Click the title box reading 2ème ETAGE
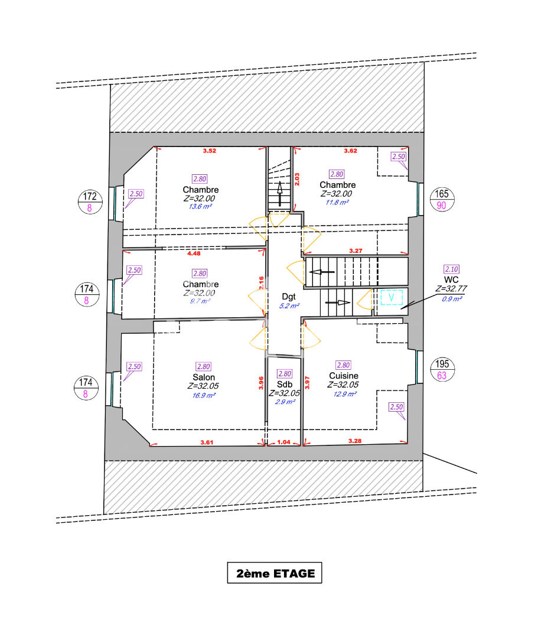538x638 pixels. [x=275, y=572]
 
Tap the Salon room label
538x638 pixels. [x=203, y=377]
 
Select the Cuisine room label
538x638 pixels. [x=344, y=376]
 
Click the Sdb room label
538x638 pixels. [x=285, y=384]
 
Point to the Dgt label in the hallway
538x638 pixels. [x=289, y=297]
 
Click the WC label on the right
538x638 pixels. [x=452, y=279]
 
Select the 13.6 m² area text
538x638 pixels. [x=201, y=207]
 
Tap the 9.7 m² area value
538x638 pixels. [x=199, y=301]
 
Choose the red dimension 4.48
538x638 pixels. [x=194, y=254]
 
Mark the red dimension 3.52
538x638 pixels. [x=209, y=151]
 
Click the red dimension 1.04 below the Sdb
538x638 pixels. [x=285, y=441]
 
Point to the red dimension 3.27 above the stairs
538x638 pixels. [x=356, y=251]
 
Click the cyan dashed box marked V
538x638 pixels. [x=390, y=298]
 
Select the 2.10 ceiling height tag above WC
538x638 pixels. [x=451, y=268]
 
